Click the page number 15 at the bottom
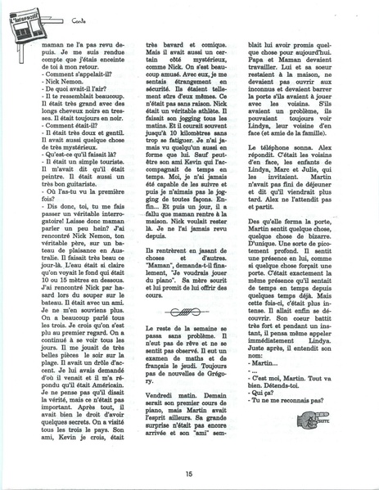189,471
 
